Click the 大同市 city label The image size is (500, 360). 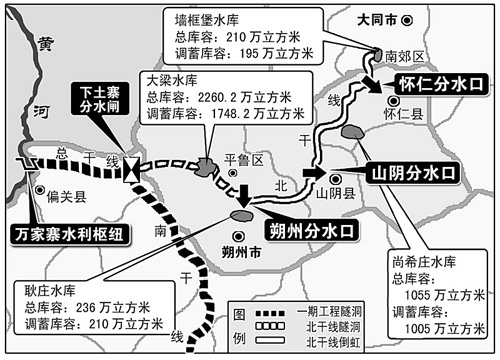(x=413, y=18)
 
